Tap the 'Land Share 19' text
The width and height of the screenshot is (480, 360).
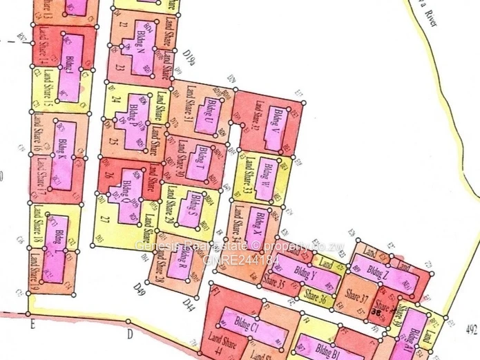35,270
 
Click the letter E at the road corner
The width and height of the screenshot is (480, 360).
31,323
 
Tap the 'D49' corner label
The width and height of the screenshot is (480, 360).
140,285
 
